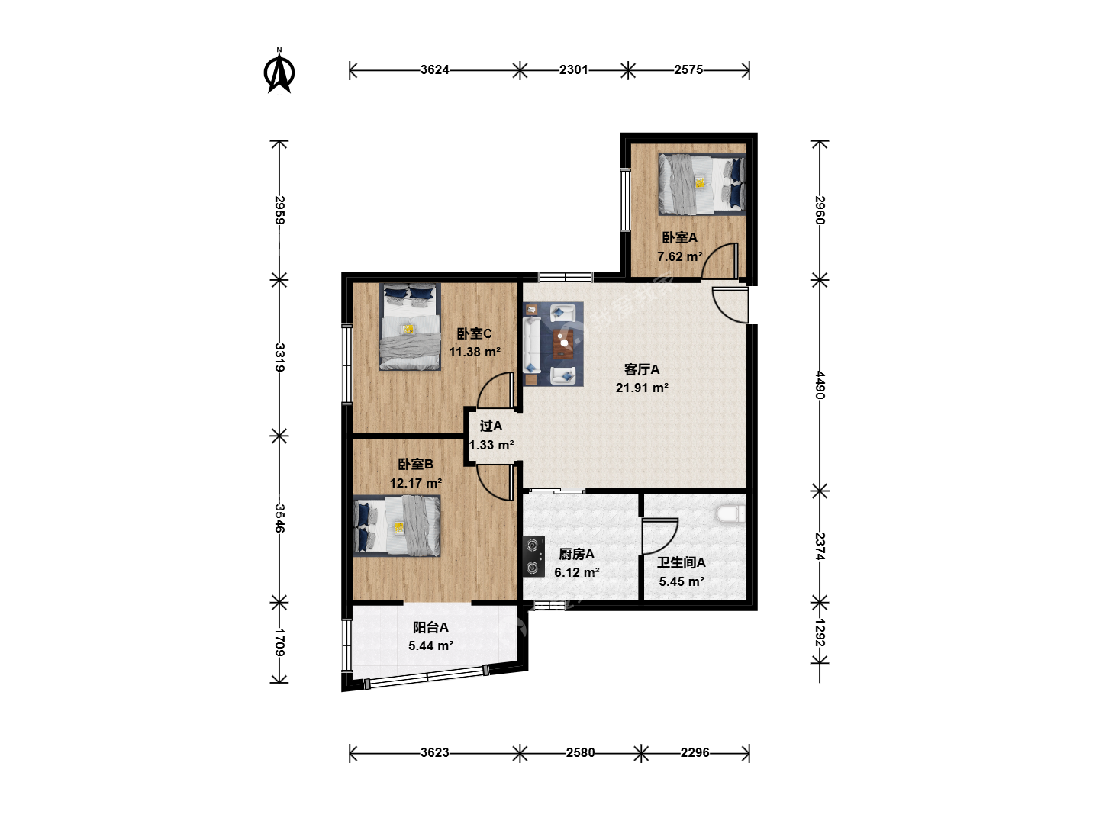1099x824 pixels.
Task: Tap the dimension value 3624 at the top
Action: (x=434, y=70)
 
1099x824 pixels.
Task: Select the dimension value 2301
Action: (x=574, y=70)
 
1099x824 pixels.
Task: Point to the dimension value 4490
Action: (x=820, y=385)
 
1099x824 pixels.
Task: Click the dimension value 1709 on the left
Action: (x=279, y=642)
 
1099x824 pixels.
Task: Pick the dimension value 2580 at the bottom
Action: (x=580, y=752)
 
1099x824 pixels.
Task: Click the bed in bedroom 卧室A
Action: (x=702, y=184)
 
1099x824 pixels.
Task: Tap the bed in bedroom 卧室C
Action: (x=410, y=327)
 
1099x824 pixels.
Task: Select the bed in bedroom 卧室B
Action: (x=397, y=526)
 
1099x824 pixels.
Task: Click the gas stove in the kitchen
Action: (x=533, y=557)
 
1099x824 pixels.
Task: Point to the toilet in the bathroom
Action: (x=731, y=513)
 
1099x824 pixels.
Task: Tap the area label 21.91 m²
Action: (x=642, y=388)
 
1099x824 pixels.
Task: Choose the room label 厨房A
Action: (x=576, y=554)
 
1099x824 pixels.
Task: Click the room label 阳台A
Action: (x=430, y=627)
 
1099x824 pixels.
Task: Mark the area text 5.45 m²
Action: (x=682, y=581)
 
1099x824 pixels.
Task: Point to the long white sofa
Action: (x=530, y=345)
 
